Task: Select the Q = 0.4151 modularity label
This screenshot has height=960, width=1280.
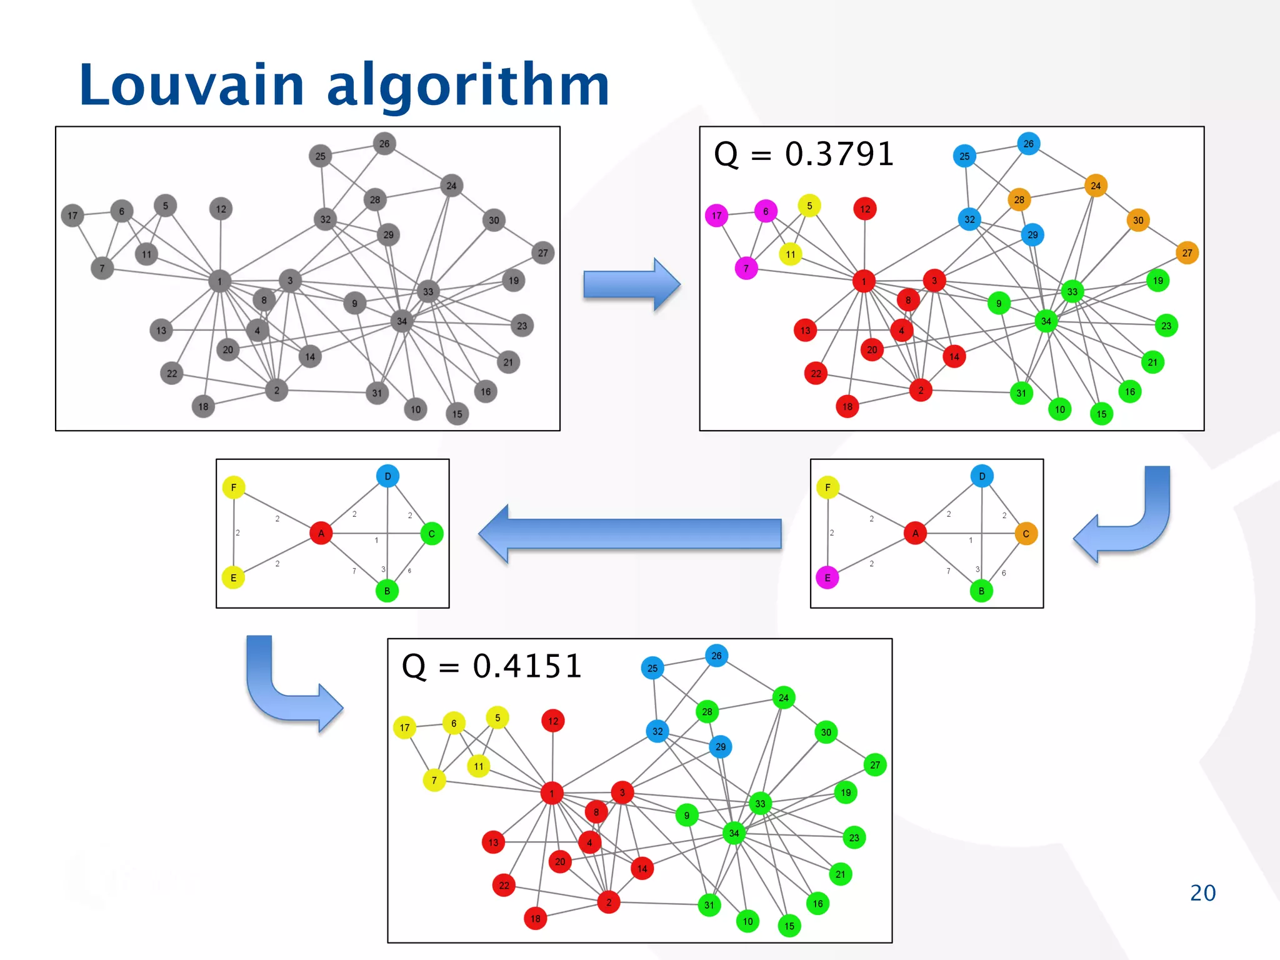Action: tap(491, 666)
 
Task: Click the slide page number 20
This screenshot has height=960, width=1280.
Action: tap(1202, 892)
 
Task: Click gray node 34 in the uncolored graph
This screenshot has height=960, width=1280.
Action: tap(402, 321)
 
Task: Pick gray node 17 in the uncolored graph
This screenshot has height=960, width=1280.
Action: tap(72, 216)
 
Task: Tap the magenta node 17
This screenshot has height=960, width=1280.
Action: tap(716, 216)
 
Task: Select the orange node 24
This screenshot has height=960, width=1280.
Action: tap(1096, 186)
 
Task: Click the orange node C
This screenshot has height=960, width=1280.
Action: tap(1026, 534)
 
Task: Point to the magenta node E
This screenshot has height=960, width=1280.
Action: tap(827, 577)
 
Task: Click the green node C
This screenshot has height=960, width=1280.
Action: tap(431, 534)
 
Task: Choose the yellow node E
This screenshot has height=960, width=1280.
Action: tap(233, 577)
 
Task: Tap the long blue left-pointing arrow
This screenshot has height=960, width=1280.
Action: tap(631, 534)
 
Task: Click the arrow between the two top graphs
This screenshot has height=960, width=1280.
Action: tap(631, 284)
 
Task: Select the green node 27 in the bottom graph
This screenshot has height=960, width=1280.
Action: tap(875, 764)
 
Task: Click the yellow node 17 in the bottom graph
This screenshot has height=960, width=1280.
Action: tap(404, 727)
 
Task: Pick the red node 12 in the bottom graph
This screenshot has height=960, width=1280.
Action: tap(553, 721)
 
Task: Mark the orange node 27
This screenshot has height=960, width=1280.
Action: tap(1187, 253)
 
